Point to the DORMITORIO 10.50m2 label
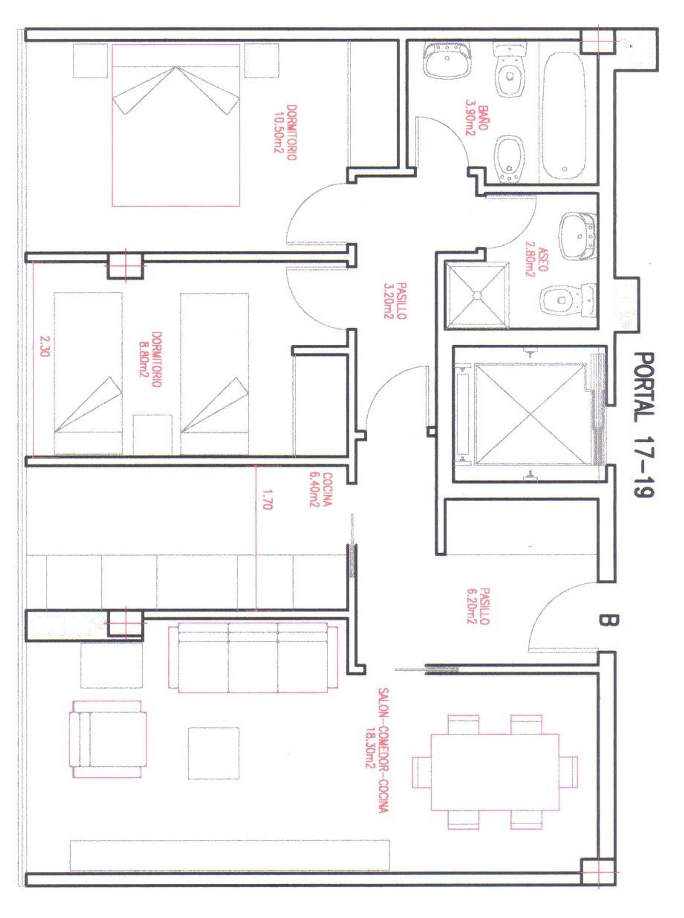coord(285,133)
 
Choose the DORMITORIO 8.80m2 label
coord(150,360)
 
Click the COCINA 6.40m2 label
coord(321,490)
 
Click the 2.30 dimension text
coord(44,346)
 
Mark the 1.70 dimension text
coord(267,499)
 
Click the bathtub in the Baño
coord(564,116)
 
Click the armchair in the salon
coord(108,739)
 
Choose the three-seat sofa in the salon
coord(253,658)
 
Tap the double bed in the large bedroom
coord(176,125)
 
